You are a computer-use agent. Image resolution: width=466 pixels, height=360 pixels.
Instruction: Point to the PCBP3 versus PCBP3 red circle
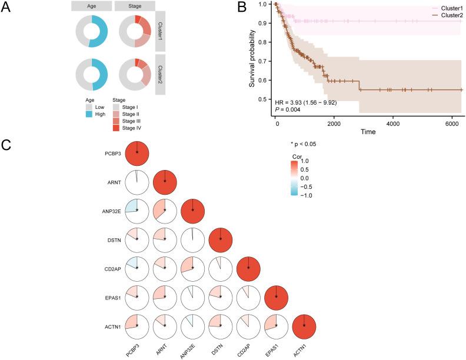(x=137, y=152)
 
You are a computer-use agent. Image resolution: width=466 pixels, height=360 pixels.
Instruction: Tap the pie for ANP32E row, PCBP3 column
(x=137, y=210)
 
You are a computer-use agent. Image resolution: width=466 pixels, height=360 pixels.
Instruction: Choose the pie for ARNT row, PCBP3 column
(x=137, y=181)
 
